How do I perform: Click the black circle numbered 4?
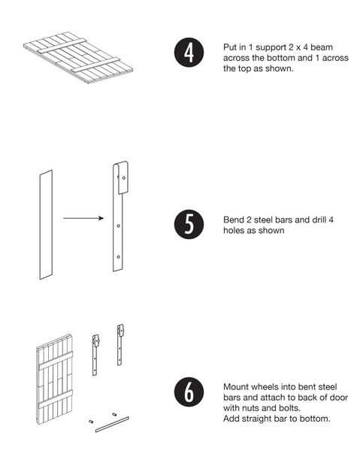(x=189, y=53)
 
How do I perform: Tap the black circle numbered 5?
(x=189, y=225)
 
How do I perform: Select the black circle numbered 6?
(x=189, y=392)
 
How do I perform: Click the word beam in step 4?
(x=322, y=47)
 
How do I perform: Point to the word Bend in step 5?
(x=233, y=219)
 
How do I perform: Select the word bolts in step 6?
(x=289, y=407)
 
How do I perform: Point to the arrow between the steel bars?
(x=83, y=219)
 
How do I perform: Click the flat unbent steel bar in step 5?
(x=46, y=225)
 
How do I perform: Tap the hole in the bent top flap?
(x=124, y=178)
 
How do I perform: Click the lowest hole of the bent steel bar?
(x=118, y=257)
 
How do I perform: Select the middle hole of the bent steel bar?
(x=118, y=226)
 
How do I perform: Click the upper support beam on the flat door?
(x=62, y=47)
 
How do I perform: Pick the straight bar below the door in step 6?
(x=112, y=424)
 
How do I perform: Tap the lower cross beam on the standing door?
(x=56, y=399)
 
